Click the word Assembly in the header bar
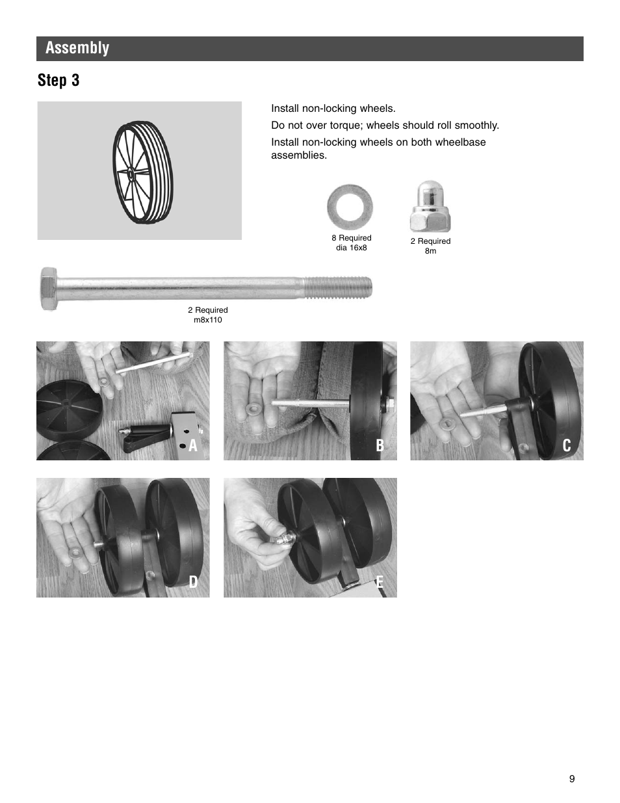[77, 48]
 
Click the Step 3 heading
[58, 80]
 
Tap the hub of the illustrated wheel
[129, 173]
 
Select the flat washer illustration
[350, 207]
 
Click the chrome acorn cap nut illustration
[430, 207]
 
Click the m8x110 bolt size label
[208, 320]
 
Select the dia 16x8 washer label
[351, 248]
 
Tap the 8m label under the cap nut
[430, 251]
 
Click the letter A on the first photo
[192, 445]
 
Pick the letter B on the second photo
[380, 445]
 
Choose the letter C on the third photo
[567, 445]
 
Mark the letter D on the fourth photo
[192, 582]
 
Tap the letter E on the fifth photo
[380, 582]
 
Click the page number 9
[572, 779]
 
